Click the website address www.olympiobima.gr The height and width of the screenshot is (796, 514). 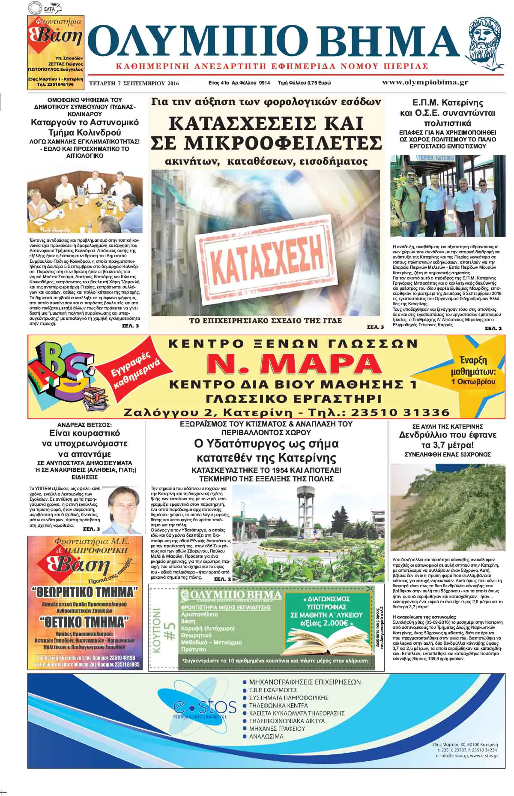pos(424,83)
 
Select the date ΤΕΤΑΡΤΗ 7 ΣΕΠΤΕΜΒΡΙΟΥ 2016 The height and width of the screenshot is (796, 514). pos(134,83)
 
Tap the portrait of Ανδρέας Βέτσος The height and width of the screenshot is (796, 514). pos(126,510)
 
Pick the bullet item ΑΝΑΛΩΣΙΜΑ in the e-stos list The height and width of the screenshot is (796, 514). pos(266,736)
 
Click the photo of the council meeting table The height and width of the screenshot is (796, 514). pos(85,201)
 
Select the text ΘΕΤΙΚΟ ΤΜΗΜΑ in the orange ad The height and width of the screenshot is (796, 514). pos(84,621)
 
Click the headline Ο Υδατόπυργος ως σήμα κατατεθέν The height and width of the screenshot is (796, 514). pos(266,450)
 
